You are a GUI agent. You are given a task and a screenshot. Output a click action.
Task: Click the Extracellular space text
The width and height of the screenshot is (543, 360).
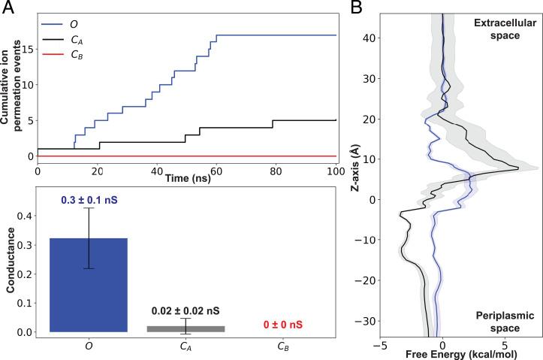[x=503, y=30]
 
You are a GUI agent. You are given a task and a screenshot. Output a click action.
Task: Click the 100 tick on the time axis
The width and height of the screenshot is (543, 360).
[x=333, y=172]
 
